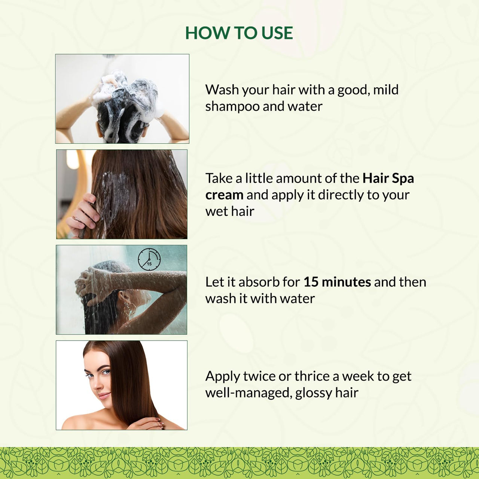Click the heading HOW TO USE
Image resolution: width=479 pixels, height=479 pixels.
[239, 33]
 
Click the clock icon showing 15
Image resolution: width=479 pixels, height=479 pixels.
[149, 259]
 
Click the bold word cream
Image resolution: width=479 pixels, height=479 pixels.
[224, 195]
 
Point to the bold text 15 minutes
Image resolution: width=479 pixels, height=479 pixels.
[337, 282]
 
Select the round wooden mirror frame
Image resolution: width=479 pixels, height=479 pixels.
[80, 194]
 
